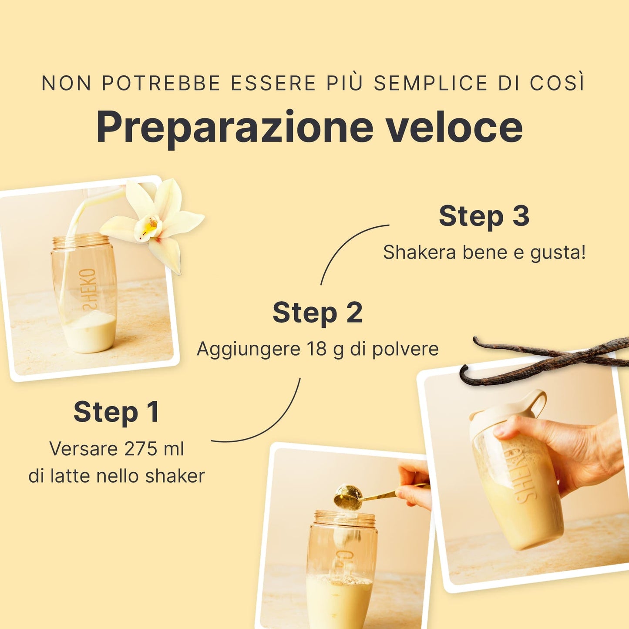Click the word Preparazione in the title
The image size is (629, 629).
coord(235,128)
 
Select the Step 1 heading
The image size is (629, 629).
coord(117,412)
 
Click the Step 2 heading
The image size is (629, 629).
coord(318,313)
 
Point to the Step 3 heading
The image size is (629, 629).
coord(484,216)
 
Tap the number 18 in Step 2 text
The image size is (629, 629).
coord(316,349)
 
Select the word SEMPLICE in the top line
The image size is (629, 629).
coord(431,83)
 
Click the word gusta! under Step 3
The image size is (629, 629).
coord(558,253)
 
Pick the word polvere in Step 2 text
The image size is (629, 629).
coord(405,349)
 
